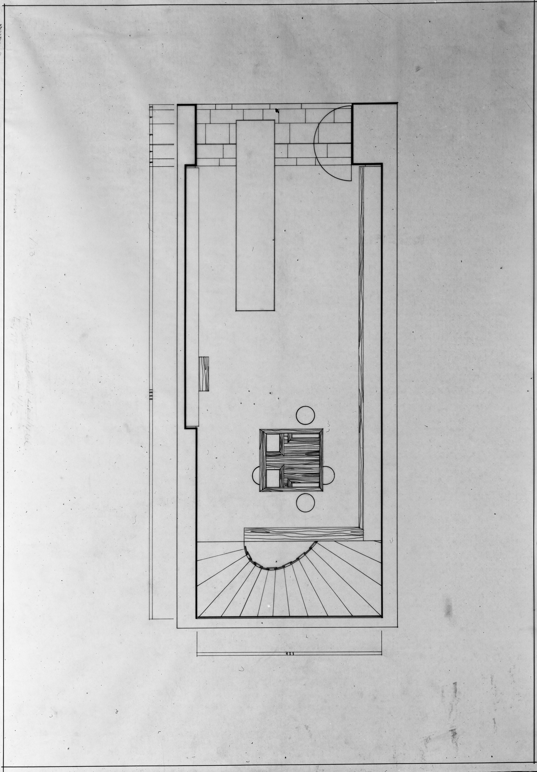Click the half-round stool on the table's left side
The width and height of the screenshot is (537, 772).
click(256, 475)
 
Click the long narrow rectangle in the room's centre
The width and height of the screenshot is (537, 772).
click(255, 215)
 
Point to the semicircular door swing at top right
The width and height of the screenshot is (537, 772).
click(331, 143)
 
